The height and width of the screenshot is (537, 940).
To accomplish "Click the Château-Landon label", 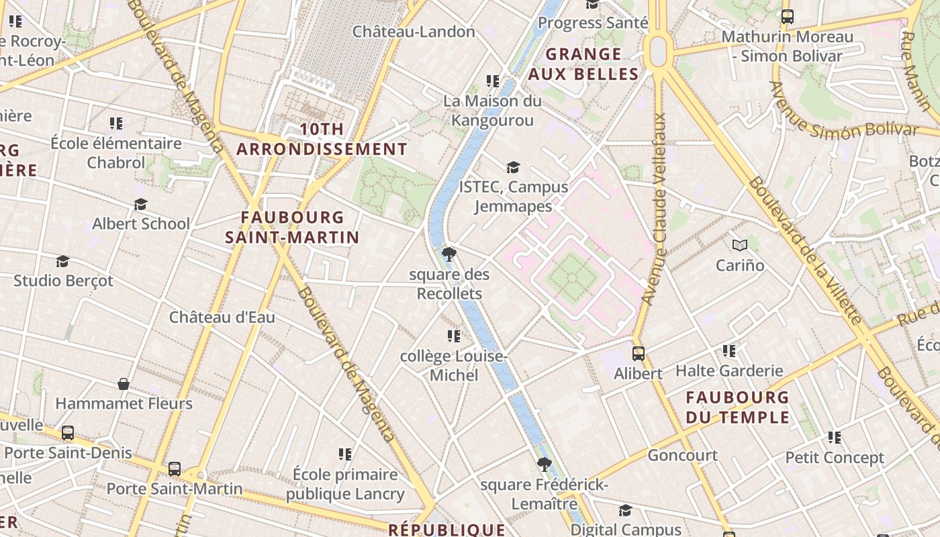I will [x=414, y=32].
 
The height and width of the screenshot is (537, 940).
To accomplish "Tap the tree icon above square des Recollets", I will [x=449, y=254].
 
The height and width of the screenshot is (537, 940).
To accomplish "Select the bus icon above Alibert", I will [x=638, y=353].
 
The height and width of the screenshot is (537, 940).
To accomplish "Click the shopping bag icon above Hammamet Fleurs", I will [x=124, y=384].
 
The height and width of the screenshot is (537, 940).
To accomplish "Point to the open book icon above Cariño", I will [x=740, y=246].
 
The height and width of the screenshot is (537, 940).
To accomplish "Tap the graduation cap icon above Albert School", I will [x=140, y=204].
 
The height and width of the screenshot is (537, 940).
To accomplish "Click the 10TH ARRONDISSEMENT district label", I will [x=322, y=139].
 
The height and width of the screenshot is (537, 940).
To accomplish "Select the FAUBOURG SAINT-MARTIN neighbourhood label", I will [x=292, y=228].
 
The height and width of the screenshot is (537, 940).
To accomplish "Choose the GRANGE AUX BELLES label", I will [x=583, y=64].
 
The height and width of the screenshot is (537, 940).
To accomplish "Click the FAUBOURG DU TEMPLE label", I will [x=737, y=407].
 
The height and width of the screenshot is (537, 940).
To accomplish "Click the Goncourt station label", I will [x=682, y=455].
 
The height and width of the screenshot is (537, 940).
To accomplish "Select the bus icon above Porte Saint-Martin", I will [x=175, y=469].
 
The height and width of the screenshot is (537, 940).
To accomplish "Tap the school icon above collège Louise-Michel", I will [x=454, y=336].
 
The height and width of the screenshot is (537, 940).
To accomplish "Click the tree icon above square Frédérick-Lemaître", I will [x=545, y=464].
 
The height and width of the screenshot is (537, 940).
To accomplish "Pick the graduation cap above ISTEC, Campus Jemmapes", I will [x=514, y=167].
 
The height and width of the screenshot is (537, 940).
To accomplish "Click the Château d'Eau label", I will [x=222, y=317].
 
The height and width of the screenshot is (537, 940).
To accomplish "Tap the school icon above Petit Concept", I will [x=835, y=438].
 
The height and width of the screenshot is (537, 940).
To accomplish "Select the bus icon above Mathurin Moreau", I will [x=788, y=17].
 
